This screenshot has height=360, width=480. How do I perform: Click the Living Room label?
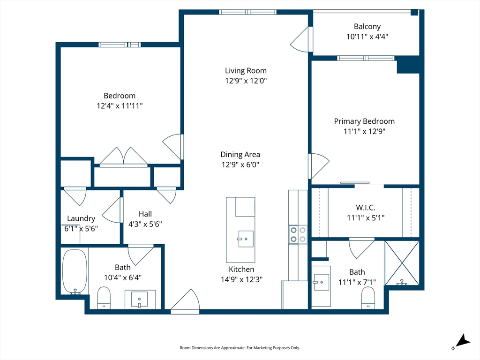click(246, 71)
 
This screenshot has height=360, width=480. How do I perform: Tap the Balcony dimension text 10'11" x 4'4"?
click(367, 37)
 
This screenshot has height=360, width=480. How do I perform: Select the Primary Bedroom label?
click(364, 121)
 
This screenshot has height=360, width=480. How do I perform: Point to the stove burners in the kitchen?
click(298, 234)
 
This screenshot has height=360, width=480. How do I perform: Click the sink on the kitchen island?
click(245, 239)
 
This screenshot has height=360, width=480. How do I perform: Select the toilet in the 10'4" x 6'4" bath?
click(104, 298)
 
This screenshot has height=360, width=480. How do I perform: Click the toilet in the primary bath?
click(368, 297)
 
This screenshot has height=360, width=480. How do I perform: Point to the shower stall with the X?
click(402, 263)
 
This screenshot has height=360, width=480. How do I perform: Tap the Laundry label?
click(81, 218)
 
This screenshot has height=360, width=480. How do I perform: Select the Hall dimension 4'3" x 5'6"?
click(145, 224)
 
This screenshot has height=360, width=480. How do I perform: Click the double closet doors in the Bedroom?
click(123, 157)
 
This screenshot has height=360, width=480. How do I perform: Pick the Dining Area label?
click(240, 154)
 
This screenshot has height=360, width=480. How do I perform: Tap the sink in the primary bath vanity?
click(321, 282)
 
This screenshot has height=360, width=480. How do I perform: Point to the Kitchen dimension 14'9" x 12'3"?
click(241, 279)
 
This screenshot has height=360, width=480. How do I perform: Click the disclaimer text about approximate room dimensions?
click(240, 348)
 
